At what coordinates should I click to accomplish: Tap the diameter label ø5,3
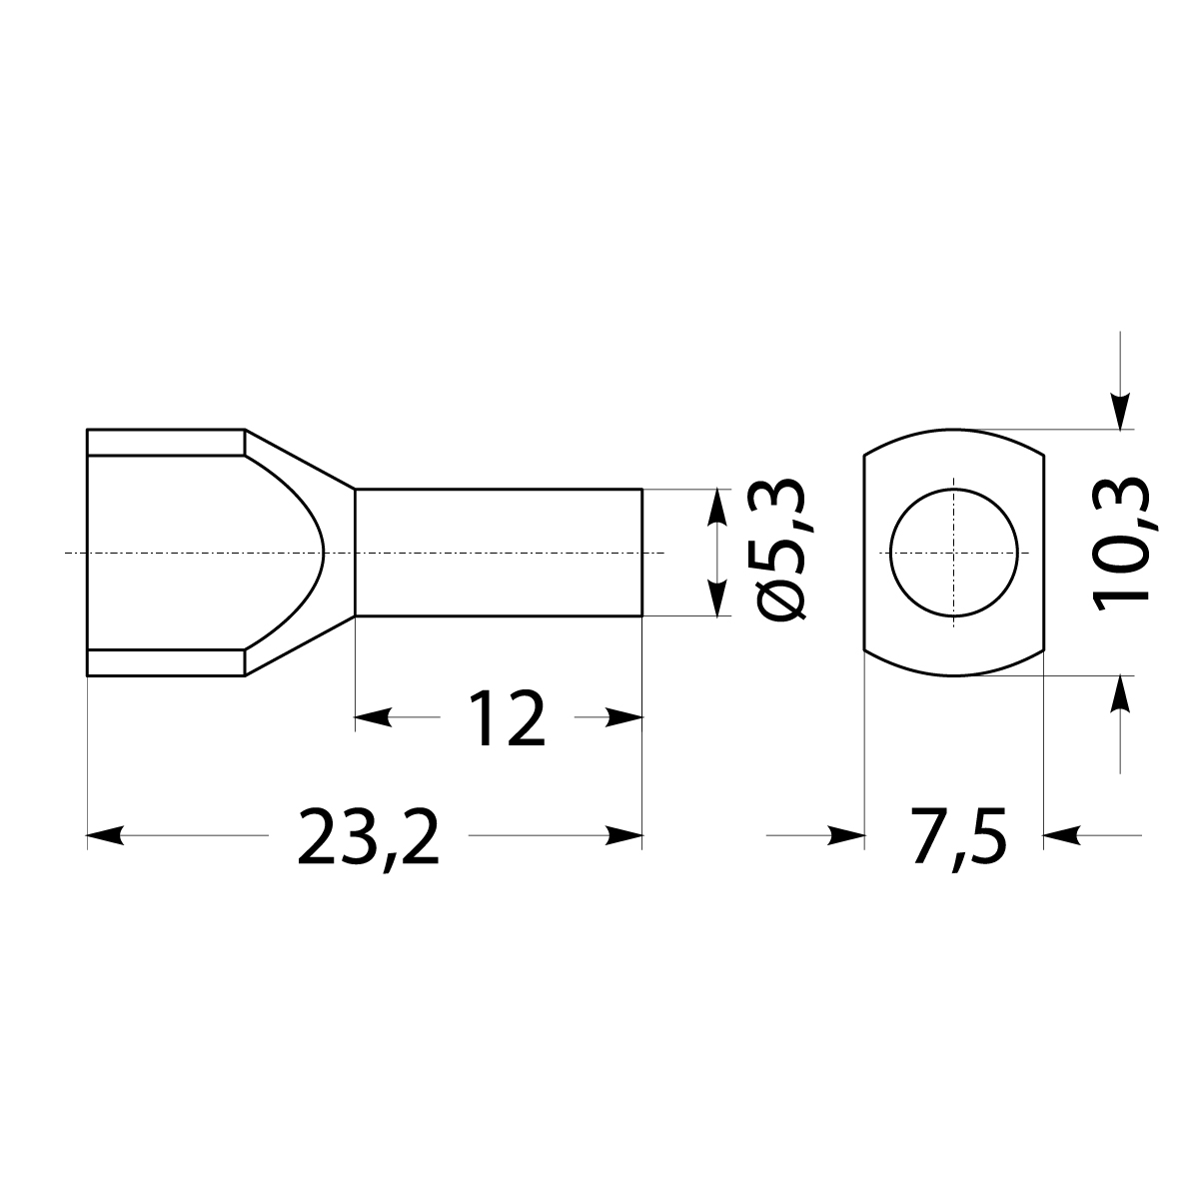coord(780,553)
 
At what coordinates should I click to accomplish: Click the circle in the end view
coord(956,553)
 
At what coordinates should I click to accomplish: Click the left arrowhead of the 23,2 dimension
coord(105,834)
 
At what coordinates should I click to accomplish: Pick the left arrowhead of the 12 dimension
coord(373,716)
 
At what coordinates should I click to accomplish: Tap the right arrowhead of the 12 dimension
coord(623,716)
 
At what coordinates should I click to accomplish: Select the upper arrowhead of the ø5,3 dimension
coord(715,507)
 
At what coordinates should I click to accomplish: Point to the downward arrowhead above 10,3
coord(1121,412)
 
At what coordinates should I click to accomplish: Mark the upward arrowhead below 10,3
coord(1121,694)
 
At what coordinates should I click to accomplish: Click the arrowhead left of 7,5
coord(845,834)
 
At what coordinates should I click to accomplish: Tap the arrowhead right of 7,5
coord(1061,834)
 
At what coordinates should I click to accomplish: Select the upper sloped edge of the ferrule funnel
coord(300,460)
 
